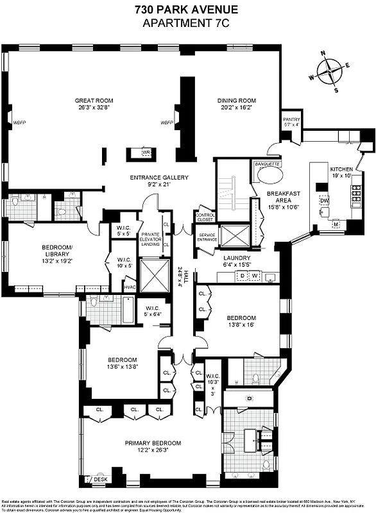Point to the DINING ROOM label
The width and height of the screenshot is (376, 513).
point(238,101)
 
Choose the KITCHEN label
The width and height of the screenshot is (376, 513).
point(341,170)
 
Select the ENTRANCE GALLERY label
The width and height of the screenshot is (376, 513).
point(155,178)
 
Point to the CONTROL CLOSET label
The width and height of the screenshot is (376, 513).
point(205,217)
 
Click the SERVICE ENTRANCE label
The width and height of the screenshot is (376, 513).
point(207,237)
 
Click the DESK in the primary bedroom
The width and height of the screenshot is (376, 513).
point(100,478)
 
